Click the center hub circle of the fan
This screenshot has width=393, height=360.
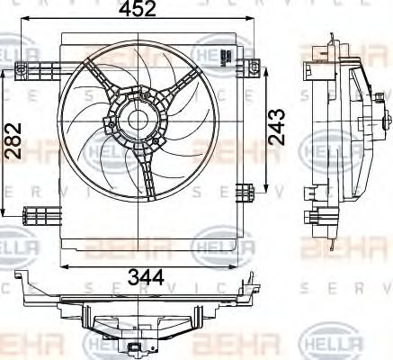137,121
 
